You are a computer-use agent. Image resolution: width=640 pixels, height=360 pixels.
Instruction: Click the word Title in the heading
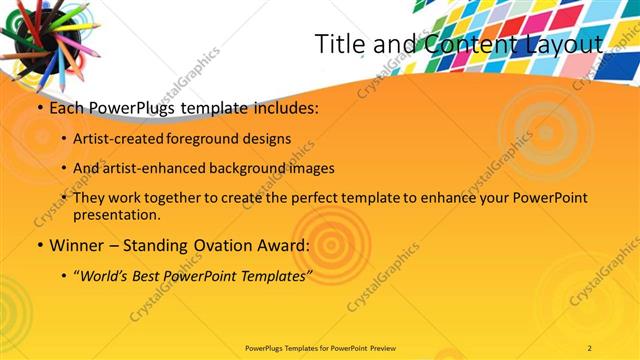[338, 44]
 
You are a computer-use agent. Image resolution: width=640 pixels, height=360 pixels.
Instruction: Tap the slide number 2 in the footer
[590, 347]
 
